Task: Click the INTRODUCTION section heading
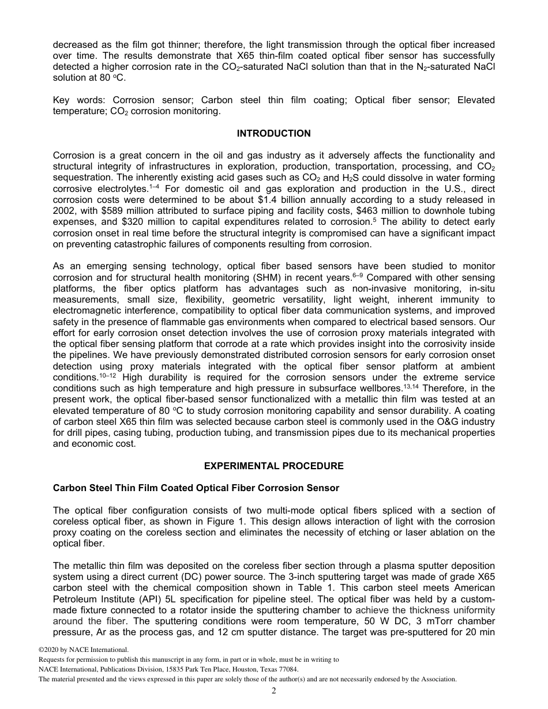pos(273,134)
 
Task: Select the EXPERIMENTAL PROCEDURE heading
pos(273,466)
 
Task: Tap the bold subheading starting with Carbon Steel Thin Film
pos(196,488)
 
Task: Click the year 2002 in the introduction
pos(64,211)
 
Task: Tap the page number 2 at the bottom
pos(274,691)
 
